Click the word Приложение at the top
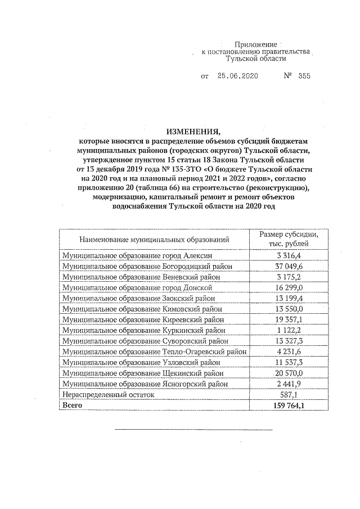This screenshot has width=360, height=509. [256, 44]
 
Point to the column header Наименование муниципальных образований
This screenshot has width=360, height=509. [154, 240]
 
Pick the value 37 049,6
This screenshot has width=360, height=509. [289, 266]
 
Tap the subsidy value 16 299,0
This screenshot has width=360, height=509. [289, 287]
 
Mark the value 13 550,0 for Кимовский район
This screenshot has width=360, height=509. [289, 309]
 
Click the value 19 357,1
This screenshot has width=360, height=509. [289, 319]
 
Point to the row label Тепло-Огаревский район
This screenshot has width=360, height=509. [155, 352]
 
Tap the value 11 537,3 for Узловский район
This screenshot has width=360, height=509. [289, 362]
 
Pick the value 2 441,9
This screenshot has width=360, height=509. [289, 384]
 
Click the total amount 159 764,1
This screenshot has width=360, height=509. [289, 405]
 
